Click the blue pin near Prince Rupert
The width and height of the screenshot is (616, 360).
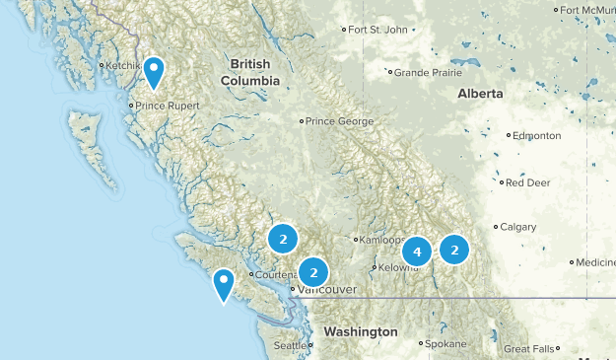[x=154, y=71]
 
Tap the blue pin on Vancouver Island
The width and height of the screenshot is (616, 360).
[x=224, y=284]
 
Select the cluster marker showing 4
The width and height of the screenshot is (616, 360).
[x=418, y=252]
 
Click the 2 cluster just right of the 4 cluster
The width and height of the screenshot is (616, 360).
[x=454, y=250]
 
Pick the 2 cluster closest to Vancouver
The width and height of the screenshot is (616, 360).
[x=313, y=271]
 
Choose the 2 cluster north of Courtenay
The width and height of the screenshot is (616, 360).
[x=283, y=239]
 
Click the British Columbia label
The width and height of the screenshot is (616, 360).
[x=249, y=72]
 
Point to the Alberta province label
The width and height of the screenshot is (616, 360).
[x=480, y=94]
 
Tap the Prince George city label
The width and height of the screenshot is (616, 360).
[x=339, y=121]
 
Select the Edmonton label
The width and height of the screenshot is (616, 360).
[x=536, y=135]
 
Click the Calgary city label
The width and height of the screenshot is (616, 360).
[x=517, y=227]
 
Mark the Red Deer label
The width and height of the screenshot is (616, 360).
[x=529, y=182]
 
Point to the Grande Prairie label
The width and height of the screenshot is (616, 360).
[x=429, y=72]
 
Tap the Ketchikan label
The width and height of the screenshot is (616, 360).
[x=124, y=66]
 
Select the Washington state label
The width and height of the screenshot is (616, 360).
[x=361, y=331]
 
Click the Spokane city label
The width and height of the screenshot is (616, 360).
[x=446, y=344]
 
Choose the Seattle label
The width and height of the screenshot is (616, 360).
[x=290, y=346]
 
